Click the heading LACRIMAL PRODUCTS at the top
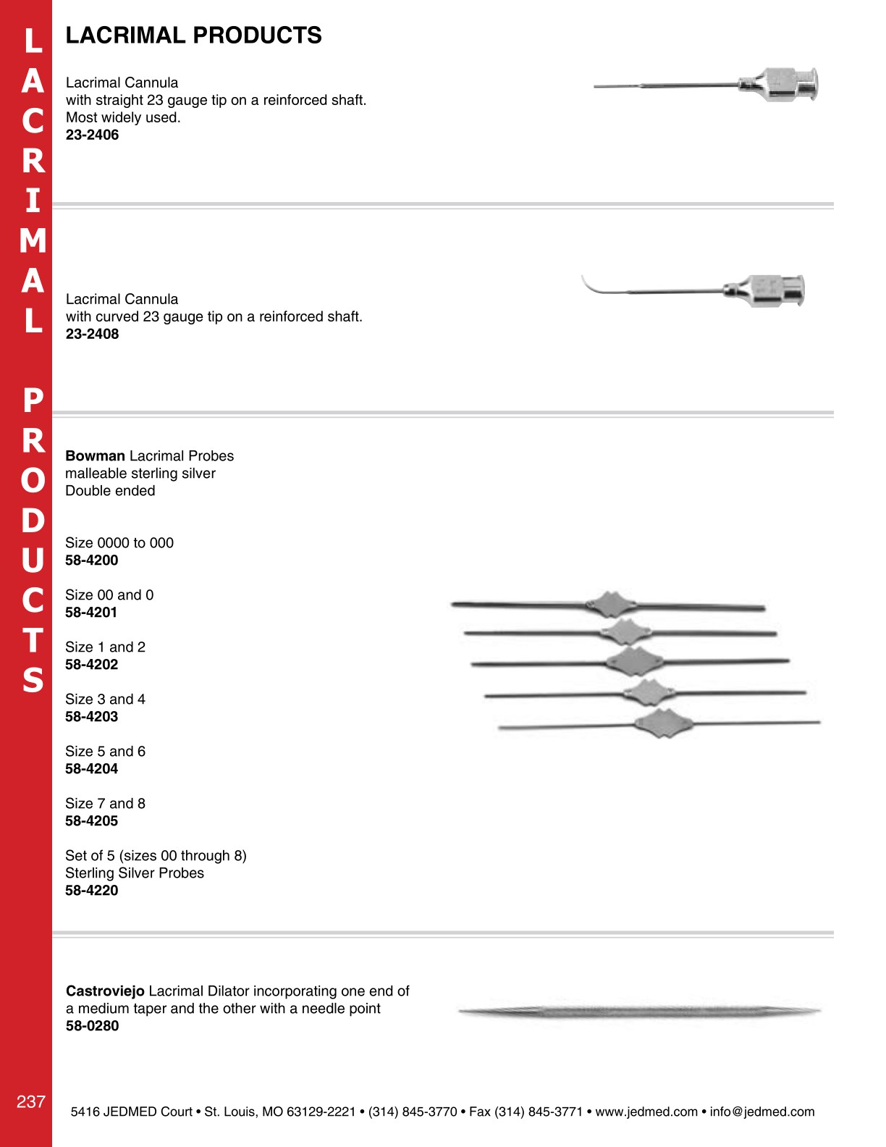[x=193, y=35]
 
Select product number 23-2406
[x=92, y=135]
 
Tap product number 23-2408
[x=92, y=334]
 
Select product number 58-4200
[x=91, y=560]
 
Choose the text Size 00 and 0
[x=109, y=594]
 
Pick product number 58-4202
[x=91, y=664]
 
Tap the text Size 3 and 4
[x=105, y=699]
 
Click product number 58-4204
[x=91, y=768]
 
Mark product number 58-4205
[x=91, y=820]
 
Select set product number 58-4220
[x=91, y=890]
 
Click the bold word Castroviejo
[x=105, y=991]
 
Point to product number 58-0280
[x=92, y=1025]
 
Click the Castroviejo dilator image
[x=640, y=1012]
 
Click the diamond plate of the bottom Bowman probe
[x=662, y=723]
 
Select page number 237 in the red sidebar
[x=31, y=1101]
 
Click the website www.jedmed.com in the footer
[x=646, y=1112]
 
